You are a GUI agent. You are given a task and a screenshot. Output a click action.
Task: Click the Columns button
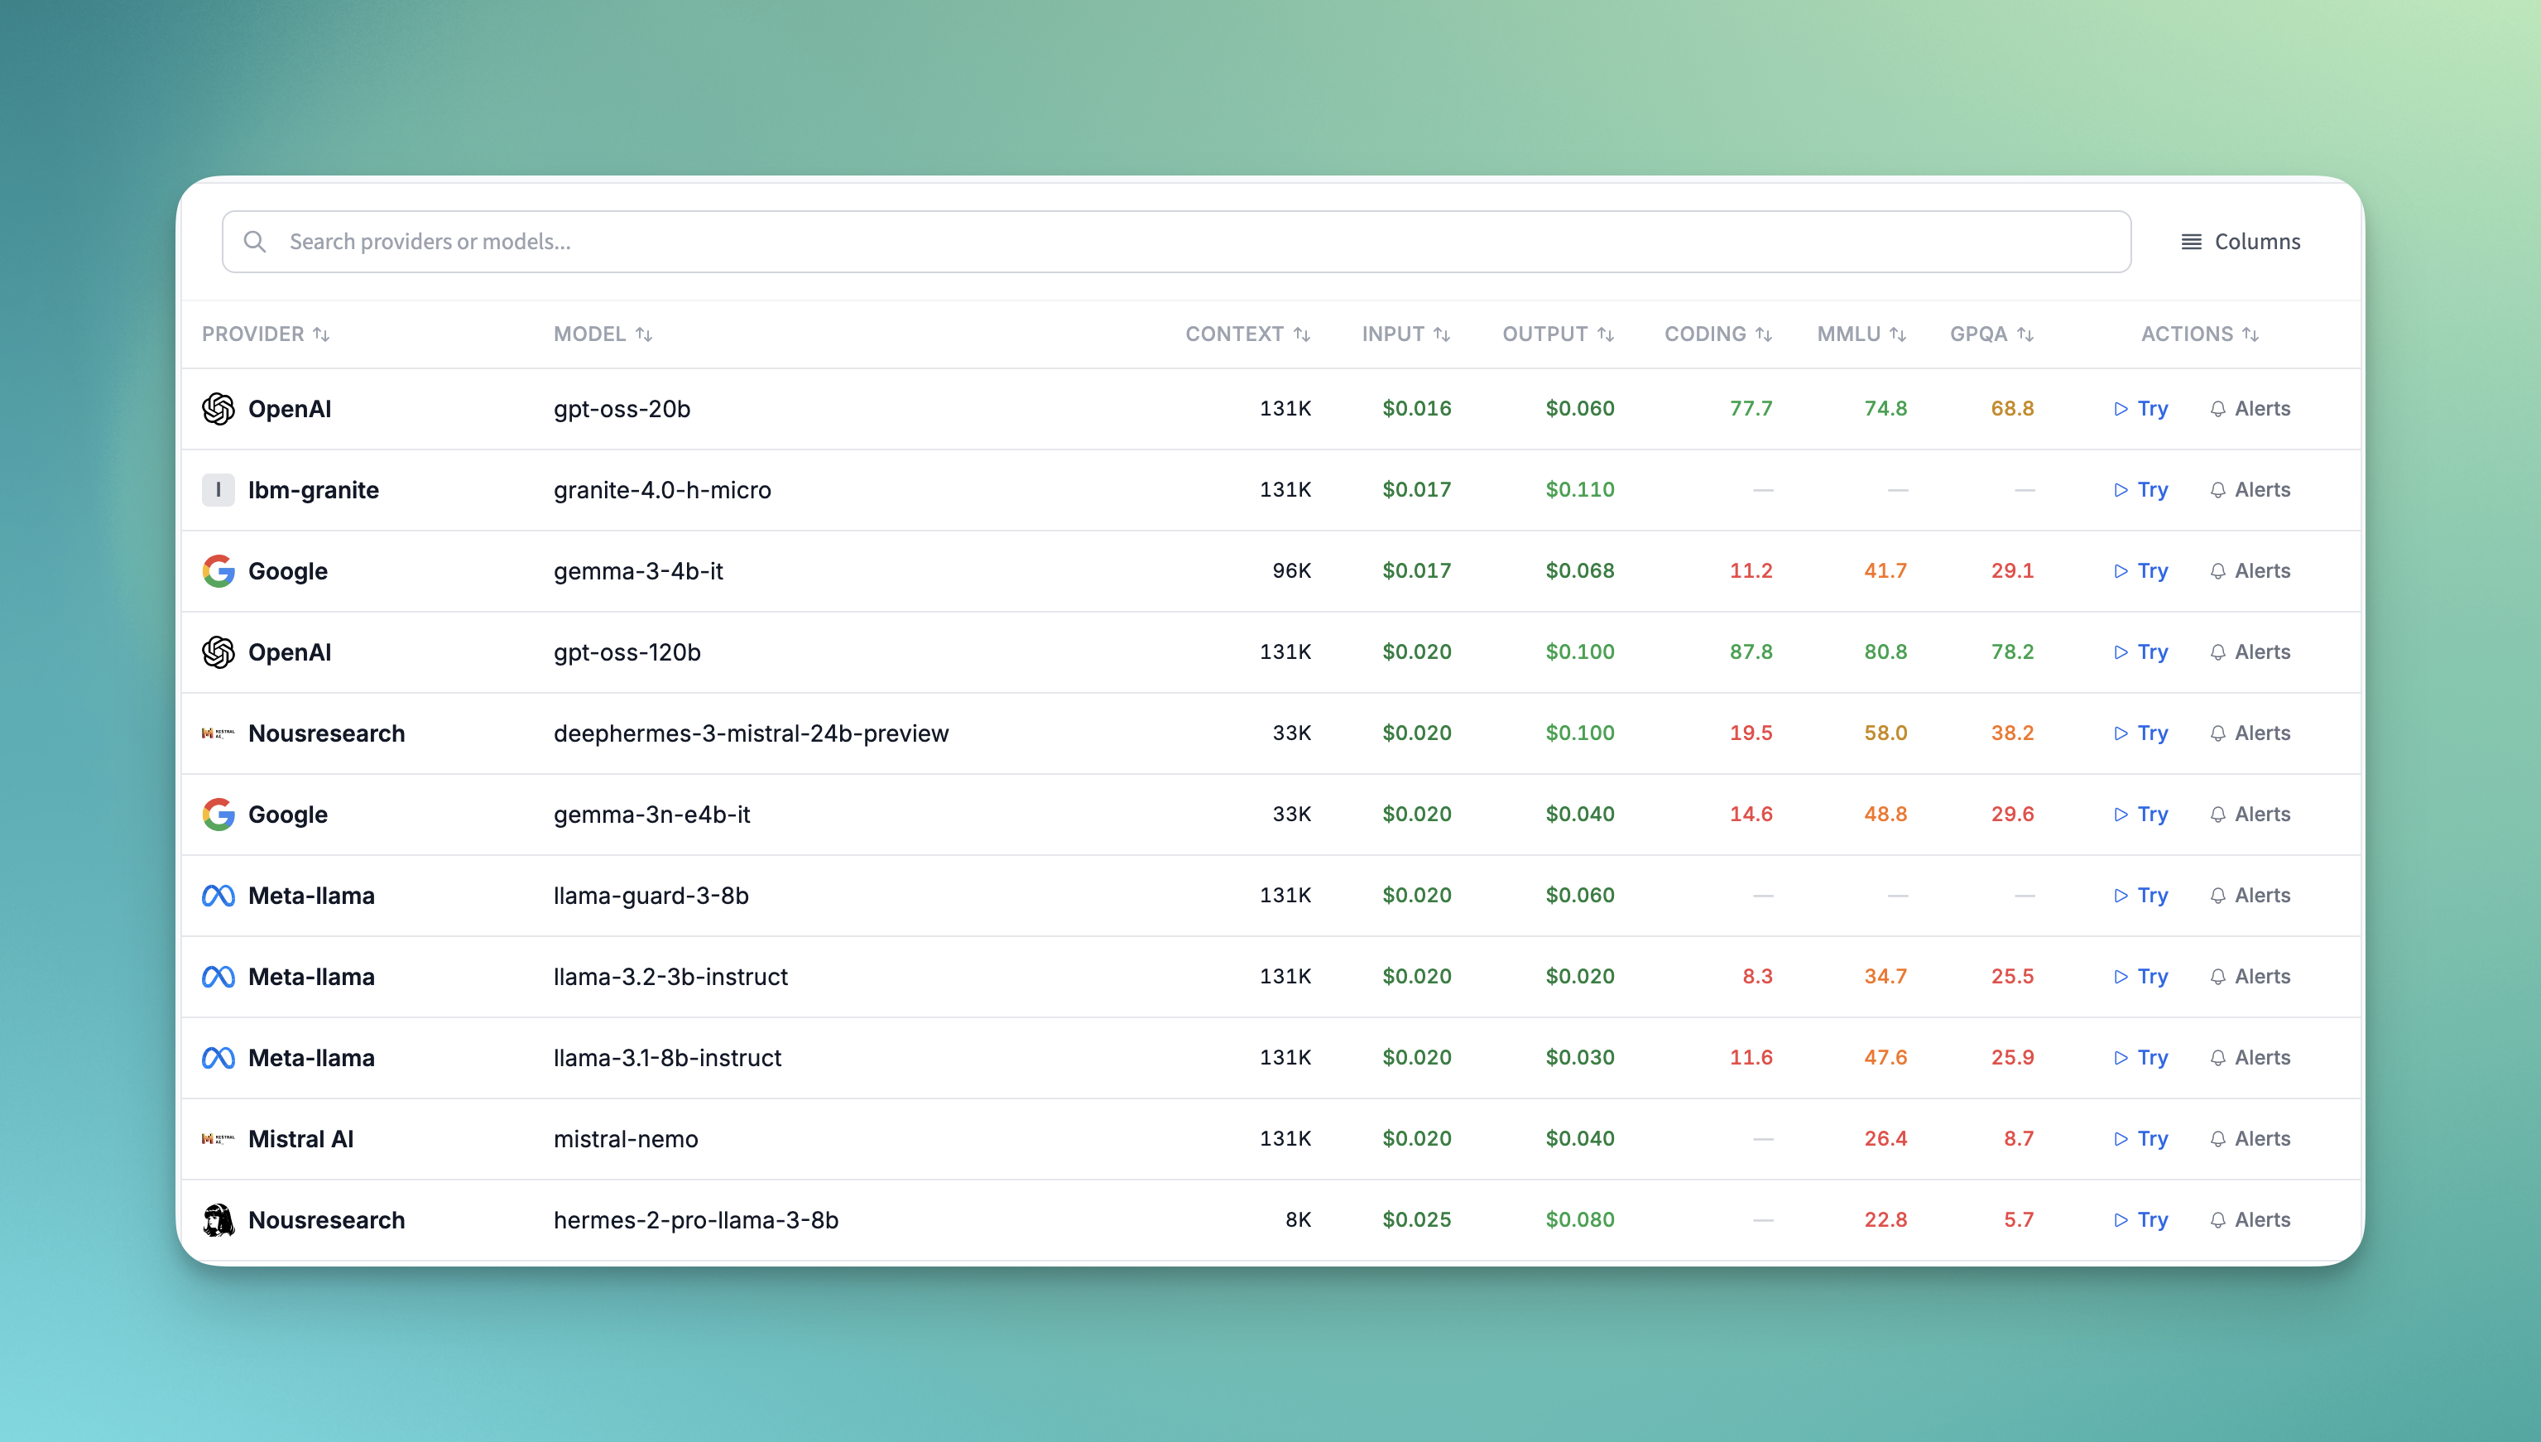2240,242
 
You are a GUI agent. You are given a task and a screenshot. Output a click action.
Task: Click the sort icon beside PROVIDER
321,334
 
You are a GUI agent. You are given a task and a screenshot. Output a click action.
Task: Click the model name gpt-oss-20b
622,409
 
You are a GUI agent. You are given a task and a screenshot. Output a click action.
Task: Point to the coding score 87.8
1750,651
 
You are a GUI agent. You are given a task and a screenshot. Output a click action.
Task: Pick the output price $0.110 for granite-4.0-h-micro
1579,489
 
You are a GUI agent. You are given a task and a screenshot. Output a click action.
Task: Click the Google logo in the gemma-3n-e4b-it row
218,814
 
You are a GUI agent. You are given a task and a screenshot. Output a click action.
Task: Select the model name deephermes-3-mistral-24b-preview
751,733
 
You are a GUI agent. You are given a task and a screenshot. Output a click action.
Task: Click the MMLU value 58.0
1885,733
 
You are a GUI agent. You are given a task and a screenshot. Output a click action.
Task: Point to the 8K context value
1297,1220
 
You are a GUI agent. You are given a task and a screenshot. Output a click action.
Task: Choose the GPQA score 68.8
2011,409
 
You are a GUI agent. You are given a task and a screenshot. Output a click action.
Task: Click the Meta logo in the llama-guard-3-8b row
218,896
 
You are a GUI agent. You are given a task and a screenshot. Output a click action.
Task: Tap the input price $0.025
1416,1220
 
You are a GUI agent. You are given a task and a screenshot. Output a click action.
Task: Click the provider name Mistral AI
300,1139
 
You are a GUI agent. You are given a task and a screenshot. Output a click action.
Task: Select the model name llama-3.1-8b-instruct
667,1058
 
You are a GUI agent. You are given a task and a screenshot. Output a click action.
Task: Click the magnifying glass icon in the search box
254,242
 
